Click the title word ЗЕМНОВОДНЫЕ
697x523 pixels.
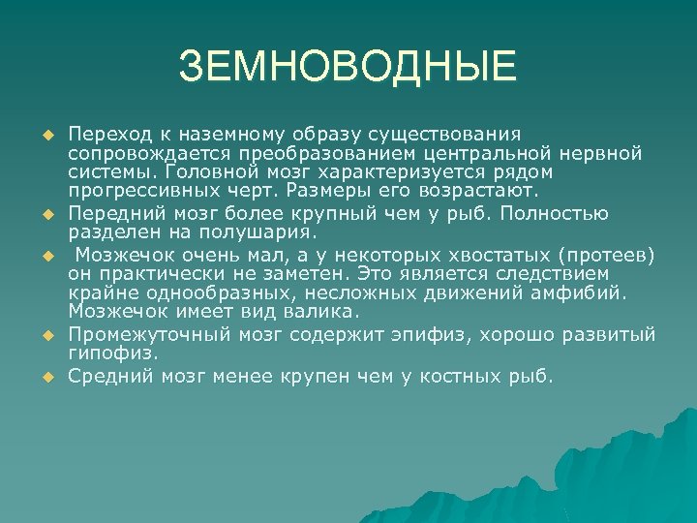pos(348,68)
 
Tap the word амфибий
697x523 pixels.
pos(587,292)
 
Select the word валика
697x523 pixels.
pos(318,312)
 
